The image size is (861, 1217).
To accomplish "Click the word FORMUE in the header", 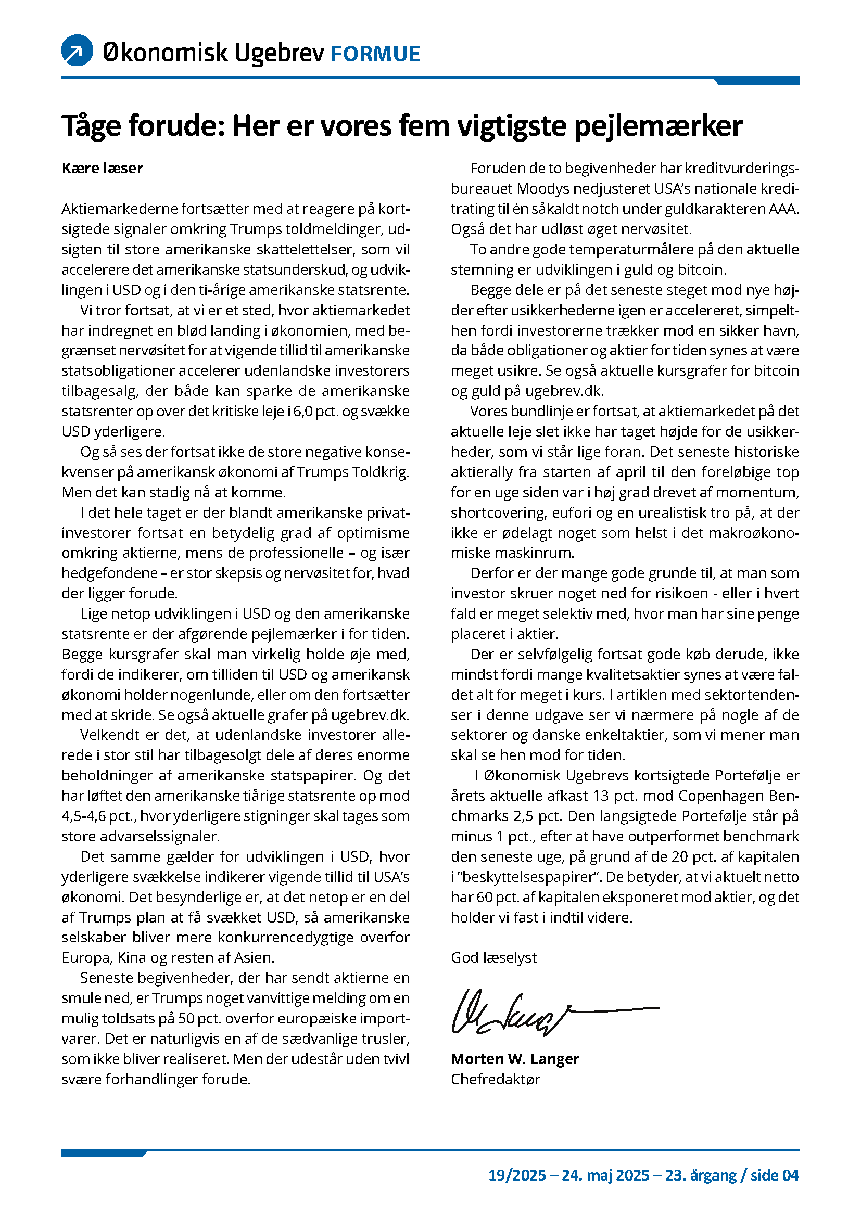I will coord(375,54).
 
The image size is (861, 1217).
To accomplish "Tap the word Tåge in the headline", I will coord(91,126).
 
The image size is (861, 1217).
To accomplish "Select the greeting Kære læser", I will coord(103,169).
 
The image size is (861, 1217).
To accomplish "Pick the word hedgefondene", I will coord(110,573).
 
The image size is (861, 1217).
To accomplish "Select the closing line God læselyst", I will coord(493,958).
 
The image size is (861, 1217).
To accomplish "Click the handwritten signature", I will coord(530,1013).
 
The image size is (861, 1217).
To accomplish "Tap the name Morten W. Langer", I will coord(515,1059).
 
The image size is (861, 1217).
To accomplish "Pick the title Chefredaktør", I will coord(495,1079).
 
